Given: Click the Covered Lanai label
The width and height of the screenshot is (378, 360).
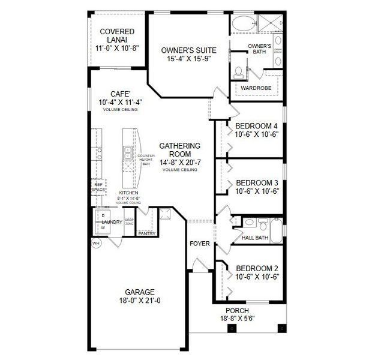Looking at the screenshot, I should pos(117,32).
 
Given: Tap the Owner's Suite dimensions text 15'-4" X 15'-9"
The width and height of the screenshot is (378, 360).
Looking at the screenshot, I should pos(188,59).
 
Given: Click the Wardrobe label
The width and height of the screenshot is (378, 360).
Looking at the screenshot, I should pos(256,88).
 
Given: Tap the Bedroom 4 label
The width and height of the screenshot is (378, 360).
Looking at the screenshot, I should pos(256,125).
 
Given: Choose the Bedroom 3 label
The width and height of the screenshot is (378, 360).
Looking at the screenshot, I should pos(256,182).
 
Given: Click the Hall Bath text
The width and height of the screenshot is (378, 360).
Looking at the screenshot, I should pos(255,238).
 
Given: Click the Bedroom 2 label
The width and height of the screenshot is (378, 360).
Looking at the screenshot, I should pos(257,268).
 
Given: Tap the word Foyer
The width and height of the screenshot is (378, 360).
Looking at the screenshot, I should pos(200,244).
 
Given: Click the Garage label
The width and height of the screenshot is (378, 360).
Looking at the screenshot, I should pos(140,292).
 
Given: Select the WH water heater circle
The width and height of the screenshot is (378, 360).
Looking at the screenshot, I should pos(96,244).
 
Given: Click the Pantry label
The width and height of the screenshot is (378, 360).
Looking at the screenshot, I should pos(146,233).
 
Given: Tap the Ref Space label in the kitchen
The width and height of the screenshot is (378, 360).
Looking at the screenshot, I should pos(98,187).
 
